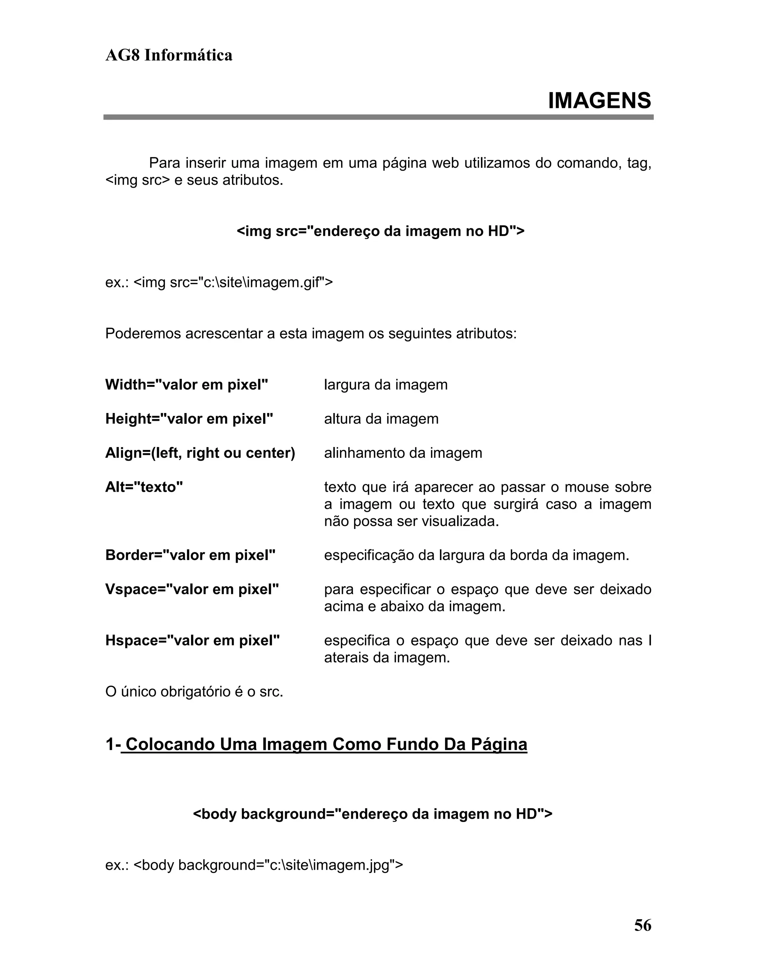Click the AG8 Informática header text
(169, 55)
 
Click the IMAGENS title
(599, 100)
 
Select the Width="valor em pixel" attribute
(187, 385)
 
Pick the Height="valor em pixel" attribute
(189, 419)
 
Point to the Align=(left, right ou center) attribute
(200, 453)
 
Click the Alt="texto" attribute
(144, 487)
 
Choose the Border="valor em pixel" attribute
(190, 555)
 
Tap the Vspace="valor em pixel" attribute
(192, 589)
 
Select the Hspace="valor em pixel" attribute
(192, 640)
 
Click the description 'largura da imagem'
(386, 385)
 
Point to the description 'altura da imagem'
(381, 419)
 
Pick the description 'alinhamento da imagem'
(403, 453)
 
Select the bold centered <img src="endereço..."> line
(380, 231)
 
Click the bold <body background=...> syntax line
(372, 813)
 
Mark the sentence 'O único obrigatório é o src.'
(194, 692)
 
